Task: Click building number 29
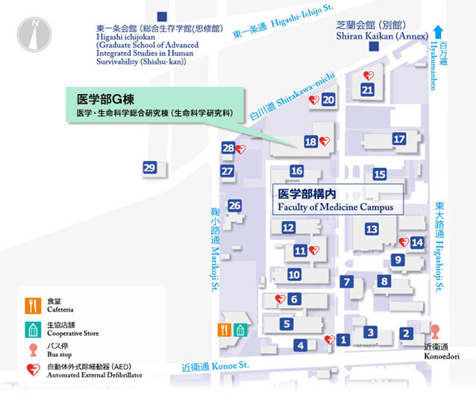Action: coord(150,168)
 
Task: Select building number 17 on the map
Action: coord(400,139)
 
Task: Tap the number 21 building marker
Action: coord(367,90)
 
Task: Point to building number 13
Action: coord(372,229)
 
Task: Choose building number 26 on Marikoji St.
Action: coord(235,206)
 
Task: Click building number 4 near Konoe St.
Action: coord(301,345)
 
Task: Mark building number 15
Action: coord(380,174)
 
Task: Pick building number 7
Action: coord(346,282)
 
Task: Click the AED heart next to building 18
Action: coord(324,141)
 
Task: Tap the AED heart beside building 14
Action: coord(404,242)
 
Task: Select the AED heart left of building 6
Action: coord(281,299)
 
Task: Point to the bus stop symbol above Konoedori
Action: coord(435,329)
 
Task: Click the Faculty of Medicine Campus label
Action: coord(335,200)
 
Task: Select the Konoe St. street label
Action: coord(216,366)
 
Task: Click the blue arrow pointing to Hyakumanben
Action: coord(440,32)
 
